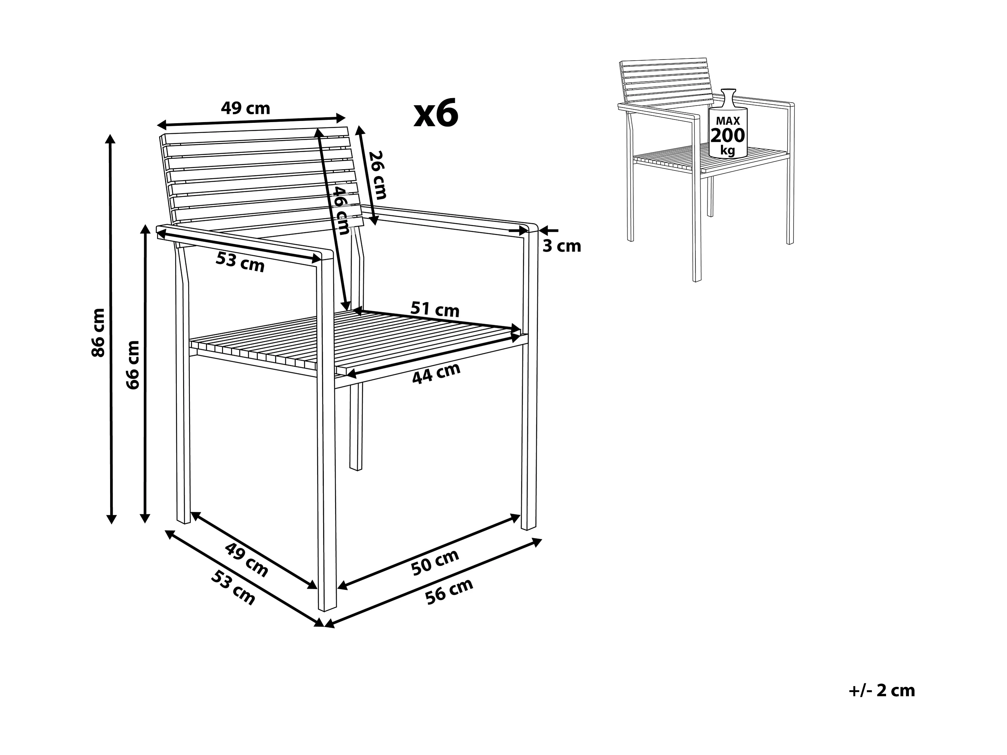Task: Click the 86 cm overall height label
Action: (x=98, y=333)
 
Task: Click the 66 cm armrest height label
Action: (x=133, y=365)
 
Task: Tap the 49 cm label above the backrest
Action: (x=245, y=108)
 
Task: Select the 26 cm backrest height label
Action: (x=377, y=175)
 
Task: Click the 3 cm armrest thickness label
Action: (x=562, y=246)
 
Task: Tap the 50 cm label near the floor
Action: (x=435, y=563)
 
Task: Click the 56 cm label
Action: (x=449, y=591)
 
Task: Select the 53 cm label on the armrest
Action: (x=240, y=262)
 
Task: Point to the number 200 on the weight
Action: (x=728, y=136)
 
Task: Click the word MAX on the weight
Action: (x=728, y=121)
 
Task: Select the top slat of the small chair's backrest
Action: (x=664, y=63)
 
